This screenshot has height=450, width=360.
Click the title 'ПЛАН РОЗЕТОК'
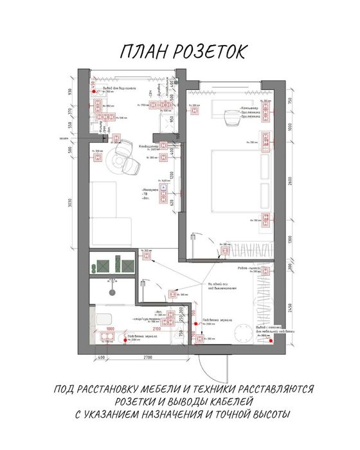click(x=182, y=53)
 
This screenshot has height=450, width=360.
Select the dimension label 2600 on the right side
click(x=291, y=183)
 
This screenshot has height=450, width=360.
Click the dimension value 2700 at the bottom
click(x=147, y=357)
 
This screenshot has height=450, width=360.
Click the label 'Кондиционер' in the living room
click(x=148, y=146)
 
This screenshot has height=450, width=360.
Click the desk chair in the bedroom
click(x=230, y=118)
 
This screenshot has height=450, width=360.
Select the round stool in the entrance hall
click(x=243, y=334)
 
